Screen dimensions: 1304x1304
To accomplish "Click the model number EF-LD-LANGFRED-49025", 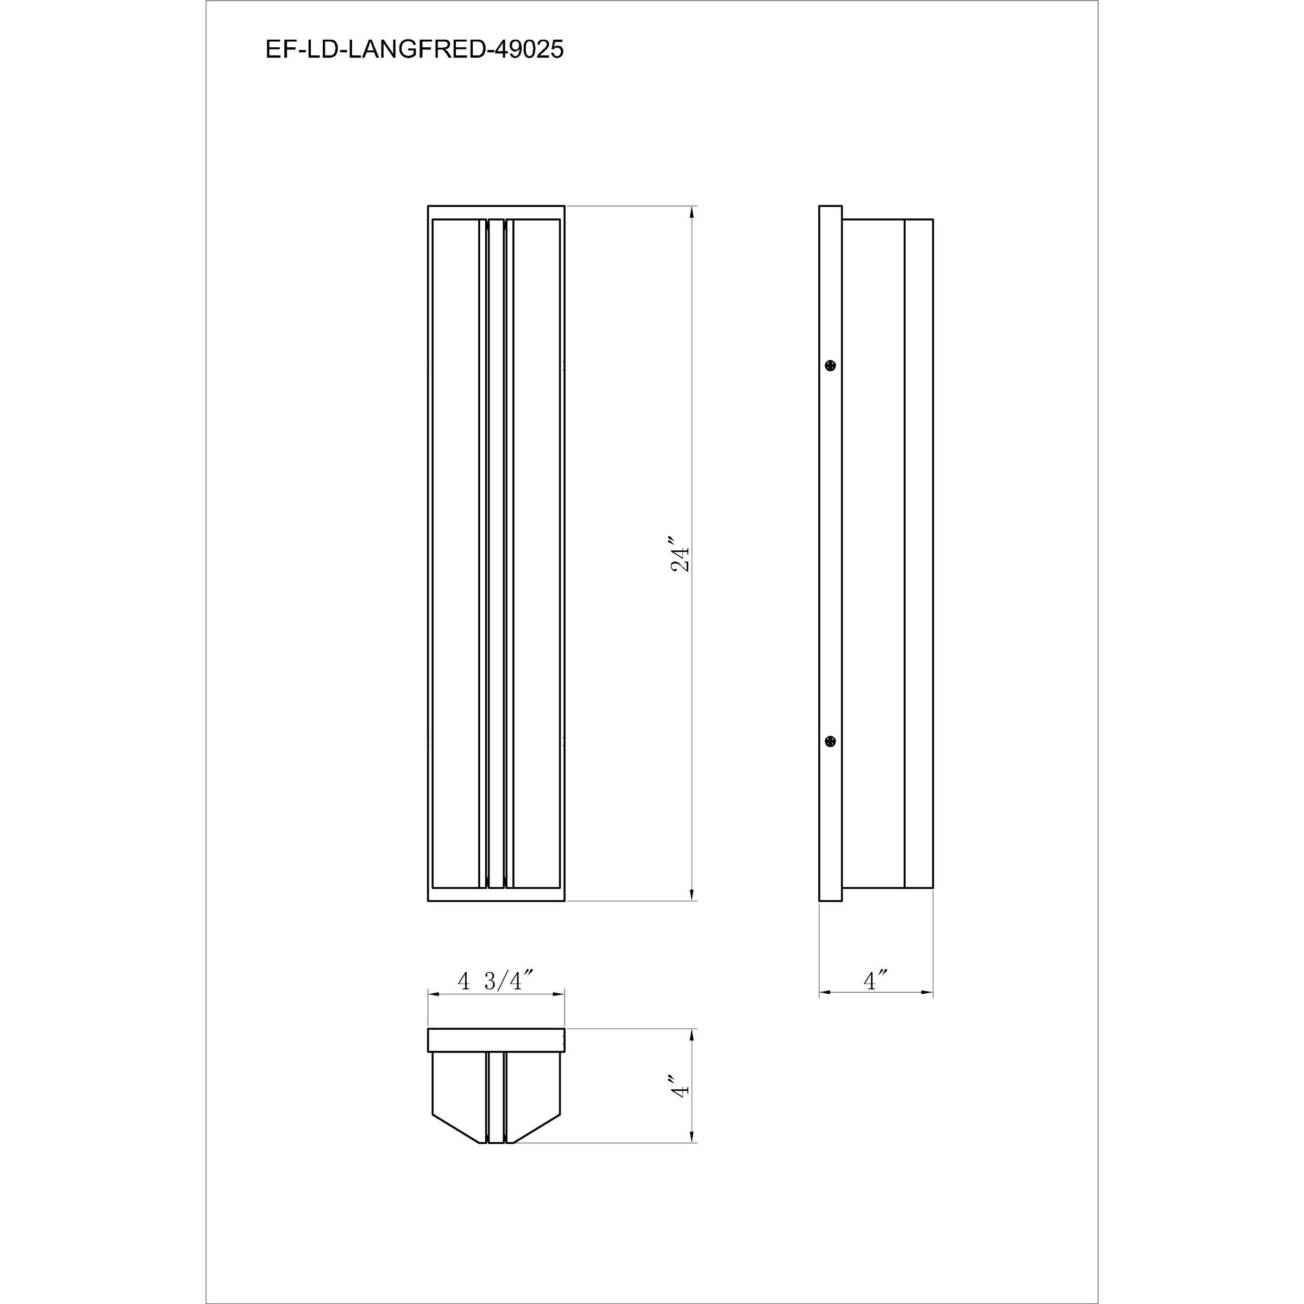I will pos(415,49).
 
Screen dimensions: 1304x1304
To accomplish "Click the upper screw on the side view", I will pos(831,366).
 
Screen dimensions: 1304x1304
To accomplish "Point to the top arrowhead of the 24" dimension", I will pos(691,212).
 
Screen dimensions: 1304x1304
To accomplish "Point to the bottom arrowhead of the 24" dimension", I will pos(691,895).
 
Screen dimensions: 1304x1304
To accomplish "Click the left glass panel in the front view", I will pos(456,554).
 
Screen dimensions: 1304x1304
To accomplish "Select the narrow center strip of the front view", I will pos(496,554).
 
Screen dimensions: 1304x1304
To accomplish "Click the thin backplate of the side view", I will pos(830,554).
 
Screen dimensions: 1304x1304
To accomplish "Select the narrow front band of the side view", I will pos(919,554).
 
